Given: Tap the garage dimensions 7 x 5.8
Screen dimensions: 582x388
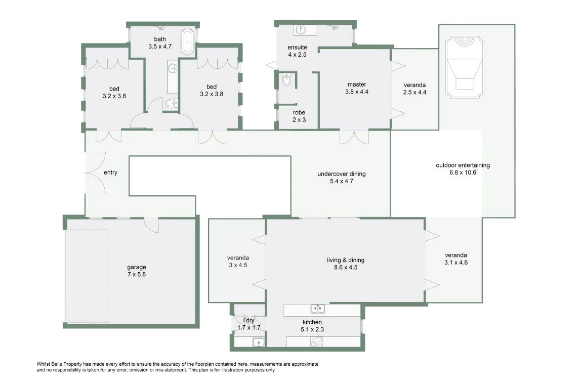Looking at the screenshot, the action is coord(137,275).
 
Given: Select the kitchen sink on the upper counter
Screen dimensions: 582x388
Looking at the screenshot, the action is coord(317,309).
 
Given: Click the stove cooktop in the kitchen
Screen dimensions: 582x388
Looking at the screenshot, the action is coord(317,341).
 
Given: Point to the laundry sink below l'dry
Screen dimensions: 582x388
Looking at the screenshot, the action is coord(259,342).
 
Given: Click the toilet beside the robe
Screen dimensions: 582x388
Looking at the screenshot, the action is coord(287,79).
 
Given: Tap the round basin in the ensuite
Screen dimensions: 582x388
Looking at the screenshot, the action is coord(301,30).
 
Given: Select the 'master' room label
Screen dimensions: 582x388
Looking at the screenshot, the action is coord(357,84).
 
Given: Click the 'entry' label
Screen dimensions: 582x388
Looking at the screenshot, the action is coord(111,173).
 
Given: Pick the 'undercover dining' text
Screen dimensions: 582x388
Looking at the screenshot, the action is coord(342,174).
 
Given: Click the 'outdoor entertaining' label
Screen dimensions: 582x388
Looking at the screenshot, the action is coord(463,165).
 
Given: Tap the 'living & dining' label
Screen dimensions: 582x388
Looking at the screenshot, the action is coord(346,260).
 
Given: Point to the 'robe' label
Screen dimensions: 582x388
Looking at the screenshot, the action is coord(299,112).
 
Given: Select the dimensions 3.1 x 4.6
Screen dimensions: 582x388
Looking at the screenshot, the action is coord(456,263).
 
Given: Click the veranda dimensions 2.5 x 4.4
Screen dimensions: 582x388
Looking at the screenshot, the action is coord(414,93).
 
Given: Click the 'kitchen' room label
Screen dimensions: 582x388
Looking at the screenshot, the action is coord(312,322).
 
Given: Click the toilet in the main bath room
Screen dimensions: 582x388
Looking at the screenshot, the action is coord(171,103).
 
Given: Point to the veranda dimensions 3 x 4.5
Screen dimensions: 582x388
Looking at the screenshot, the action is coord(238,265).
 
